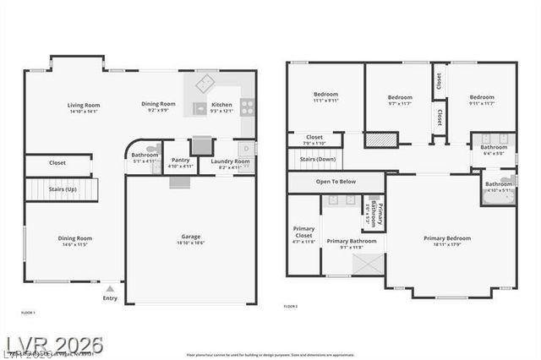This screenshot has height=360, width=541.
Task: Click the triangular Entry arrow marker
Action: click(109, 289)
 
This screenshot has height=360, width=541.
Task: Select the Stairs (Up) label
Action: click(60, 189)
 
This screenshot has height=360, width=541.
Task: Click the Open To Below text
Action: click(336, 182)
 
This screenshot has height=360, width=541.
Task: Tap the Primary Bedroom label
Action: click(447, 238)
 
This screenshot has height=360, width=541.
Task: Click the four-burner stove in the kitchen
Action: click(248, 106)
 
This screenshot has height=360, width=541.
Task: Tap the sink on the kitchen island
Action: click(200, 107)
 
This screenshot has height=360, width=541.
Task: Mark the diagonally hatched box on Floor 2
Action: click(381, 139)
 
